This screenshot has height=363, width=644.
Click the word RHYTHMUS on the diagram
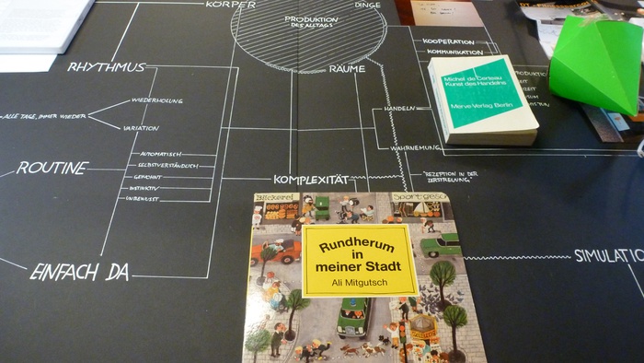pos(107,66)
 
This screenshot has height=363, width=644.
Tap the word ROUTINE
pos(52,169)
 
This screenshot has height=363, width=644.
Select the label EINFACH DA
pos(79,272)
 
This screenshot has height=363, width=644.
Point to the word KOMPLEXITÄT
pos(312,180)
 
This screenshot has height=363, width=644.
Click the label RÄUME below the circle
pos(346,69)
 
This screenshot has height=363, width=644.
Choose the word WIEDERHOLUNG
pos(157,100)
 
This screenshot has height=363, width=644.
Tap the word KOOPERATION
pos(449,42)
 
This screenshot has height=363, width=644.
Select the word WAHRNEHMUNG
pos(412,147)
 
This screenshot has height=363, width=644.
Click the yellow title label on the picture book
pos(360,261)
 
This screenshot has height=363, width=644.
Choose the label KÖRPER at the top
pos(231,5)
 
